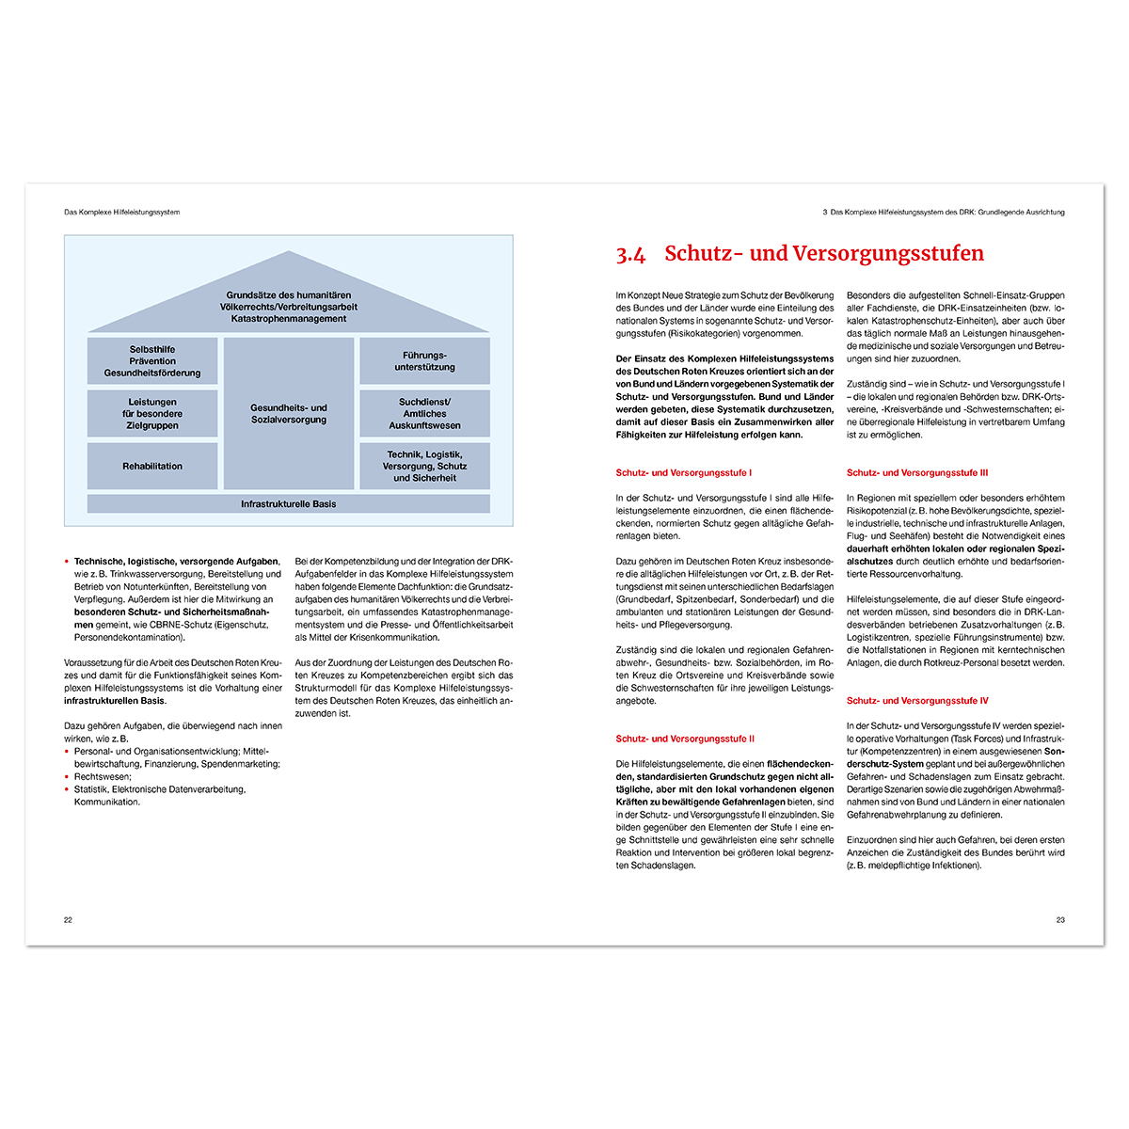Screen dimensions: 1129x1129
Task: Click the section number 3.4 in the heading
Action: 630,254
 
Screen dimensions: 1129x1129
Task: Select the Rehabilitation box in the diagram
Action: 152,466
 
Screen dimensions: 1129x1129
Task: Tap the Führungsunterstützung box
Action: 424,361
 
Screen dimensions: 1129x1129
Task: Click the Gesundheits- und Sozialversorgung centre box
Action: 289,414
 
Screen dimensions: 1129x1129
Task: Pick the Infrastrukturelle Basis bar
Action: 288,504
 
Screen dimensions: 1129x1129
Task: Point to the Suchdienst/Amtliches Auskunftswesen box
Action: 424,414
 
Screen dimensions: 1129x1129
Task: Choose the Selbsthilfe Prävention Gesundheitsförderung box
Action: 152,361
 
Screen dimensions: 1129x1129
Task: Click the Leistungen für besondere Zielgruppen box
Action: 152,414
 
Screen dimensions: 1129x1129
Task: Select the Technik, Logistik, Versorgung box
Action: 424,466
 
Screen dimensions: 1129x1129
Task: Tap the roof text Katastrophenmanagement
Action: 289,319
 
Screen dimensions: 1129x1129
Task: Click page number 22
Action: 68,920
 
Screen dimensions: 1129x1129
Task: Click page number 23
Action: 1060,920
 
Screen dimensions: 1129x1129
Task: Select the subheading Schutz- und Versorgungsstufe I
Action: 684,473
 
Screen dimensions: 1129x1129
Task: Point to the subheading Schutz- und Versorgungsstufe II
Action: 685,739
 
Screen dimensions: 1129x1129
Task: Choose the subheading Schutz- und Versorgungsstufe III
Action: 917,473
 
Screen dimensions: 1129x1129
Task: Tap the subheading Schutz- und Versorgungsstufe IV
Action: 917,701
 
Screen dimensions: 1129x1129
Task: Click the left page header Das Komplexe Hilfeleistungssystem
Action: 121,213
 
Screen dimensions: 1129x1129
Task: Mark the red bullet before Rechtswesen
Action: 67,777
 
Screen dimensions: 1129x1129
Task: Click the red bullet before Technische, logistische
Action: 67,562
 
